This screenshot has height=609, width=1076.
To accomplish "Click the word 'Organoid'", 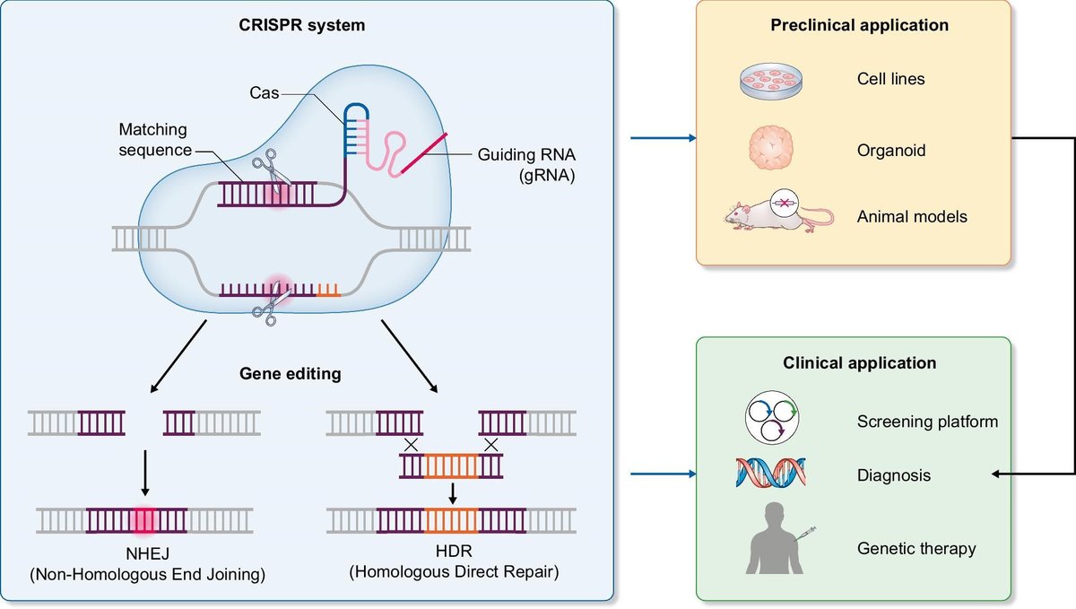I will click(x=891, y=151).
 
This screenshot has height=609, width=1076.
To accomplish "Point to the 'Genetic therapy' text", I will click(x=916, y=548).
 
